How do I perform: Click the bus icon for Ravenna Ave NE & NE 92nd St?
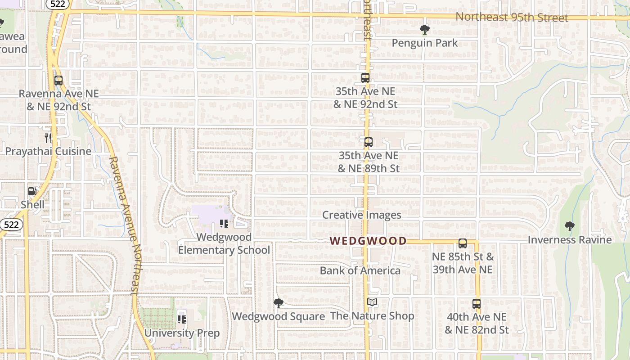[x=58, y=81]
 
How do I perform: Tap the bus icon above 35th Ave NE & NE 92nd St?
[x=365, y=78]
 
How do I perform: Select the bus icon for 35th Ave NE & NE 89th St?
[x=369, y=142]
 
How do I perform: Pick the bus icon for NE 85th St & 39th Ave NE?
[x=462, y=243]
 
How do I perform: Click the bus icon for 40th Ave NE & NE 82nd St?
[x=477, y=303]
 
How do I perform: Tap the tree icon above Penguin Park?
[x=424, y=30]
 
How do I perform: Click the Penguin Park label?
[x=424, y=43]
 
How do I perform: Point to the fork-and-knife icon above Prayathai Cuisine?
[x=48, y=138]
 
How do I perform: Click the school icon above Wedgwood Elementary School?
[x=224, y=224]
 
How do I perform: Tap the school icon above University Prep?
[x=182, y=319]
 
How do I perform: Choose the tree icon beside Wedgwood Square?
[x=279, y=303]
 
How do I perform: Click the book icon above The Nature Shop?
[x=372, y=302]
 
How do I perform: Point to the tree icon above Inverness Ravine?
[x=569, y=226]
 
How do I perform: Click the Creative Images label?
[x=361, y=215]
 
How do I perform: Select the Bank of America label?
[x=360, y=270]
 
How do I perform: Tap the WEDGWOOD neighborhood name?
[x=368, y=241]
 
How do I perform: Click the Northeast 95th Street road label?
[x=512, y=18]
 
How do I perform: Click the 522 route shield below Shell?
[x=11, y=224]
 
